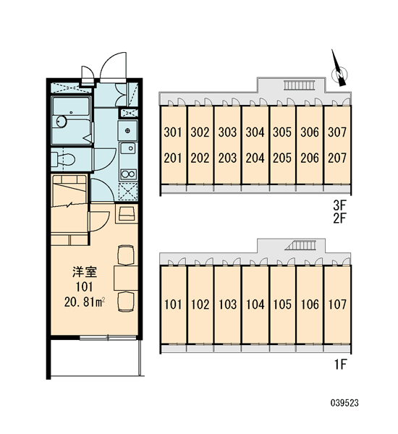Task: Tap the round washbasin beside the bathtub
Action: (62, 121)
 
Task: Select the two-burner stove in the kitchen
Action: (128, 175)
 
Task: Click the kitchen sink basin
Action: (128, 149)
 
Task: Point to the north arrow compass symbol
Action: (339, 71)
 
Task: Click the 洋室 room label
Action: (85, 272)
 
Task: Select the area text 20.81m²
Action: (85, 302)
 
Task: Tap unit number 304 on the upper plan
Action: (255, 132)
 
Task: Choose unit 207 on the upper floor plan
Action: (337, 158)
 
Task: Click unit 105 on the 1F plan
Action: (282, 305)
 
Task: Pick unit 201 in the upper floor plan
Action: (172, 158)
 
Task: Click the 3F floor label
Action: (340, 205)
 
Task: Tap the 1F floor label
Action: (340, 365)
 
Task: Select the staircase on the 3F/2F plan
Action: (300, 85)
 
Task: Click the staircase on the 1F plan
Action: (300, 245)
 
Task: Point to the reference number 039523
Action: (344, 403)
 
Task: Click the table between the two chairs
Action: (126, 278)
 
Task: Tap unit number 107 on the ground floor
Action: (337, 305)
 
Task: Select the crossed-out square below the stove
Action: (128, 192)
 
